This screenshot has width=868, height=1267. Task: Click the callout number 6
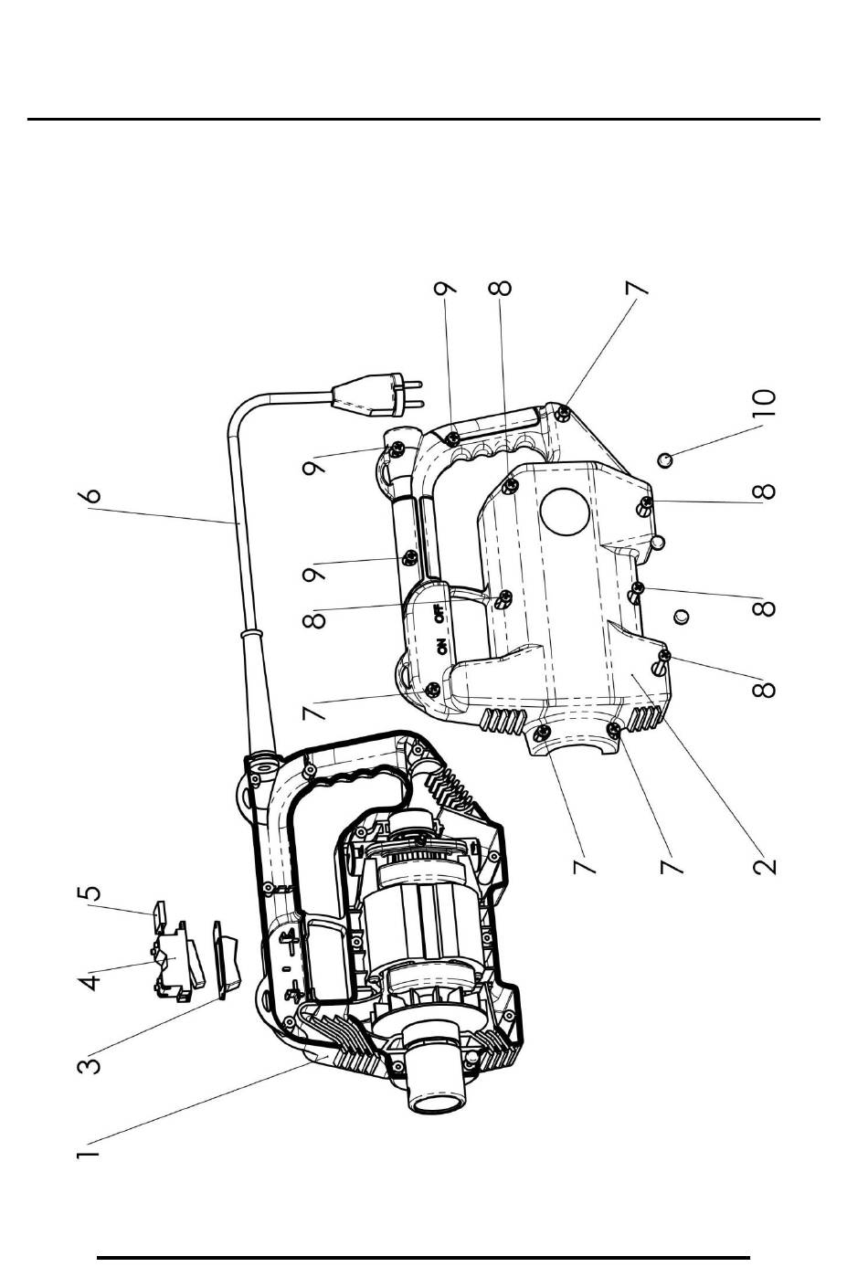[90, 495]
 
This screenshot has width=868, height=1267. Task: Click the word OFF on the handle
[440, 613]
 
